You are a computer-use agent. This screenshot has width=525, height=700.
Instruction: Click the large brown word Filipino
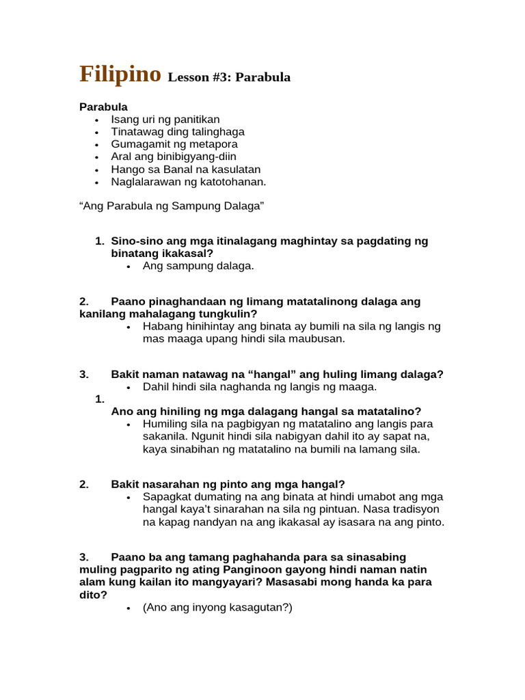tap(120, 74)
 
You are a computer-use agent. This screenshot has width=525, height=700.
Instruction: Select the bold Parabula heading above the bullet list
tap(103, 107)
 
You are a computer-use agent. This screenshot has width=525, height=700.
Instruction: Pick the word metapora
tap(213, 144)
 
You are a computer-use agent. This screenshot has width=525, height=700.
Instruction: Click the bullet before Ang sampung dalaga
tap(129, 267)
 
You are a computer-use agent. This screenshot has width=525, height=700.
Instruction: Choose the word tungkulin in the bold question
tap(224, 314)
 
